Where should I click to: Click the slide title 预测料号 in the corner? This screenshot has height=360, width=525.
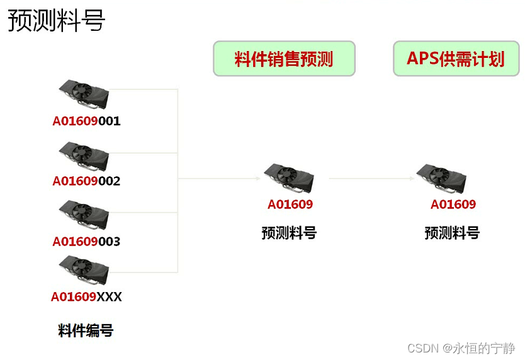[56, 21]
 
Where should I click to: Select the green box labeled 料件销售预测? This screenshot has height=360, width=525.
[284, 59]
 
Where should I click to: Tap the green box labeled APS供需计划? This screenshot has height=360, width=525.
[456, 59]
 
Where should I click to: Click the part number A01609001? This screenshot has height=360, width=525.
[86, 121]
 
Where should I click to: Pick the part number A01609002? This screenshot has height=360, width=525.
[86, 181]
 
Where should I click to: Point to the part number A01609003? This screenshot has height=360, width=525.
[86, 242]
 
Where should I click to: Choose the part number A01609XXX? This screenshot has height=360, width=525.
[86, 296]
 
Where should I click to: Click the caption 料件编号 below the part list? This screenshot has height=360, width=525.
[86, 330]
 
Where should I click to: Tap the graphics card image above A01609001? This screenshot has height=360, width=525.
[84, 95]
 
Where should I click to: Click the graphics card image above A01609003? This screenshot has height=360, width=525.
[84, 215]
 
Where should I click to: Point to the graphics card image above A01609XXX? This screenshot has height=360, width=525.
[84, 269]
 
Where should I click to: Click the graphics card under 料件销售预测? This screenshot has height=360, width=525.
[288, 178]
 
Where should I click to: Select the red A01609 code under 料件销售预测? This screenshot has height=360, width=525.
[290, 205]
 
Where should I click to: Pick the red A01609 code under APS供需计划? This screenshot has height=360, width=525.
[453, 205]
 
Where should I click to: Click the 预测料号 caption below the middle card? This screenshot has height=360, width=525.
[289, 233]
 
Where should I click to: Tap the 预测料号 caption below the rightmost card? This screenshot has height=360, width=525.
[452, 233]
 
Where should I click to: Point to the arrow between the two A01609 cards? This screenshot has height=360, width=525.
[371, 178]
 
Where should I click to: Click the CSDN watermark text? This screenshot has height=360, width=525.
[461, 348]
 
